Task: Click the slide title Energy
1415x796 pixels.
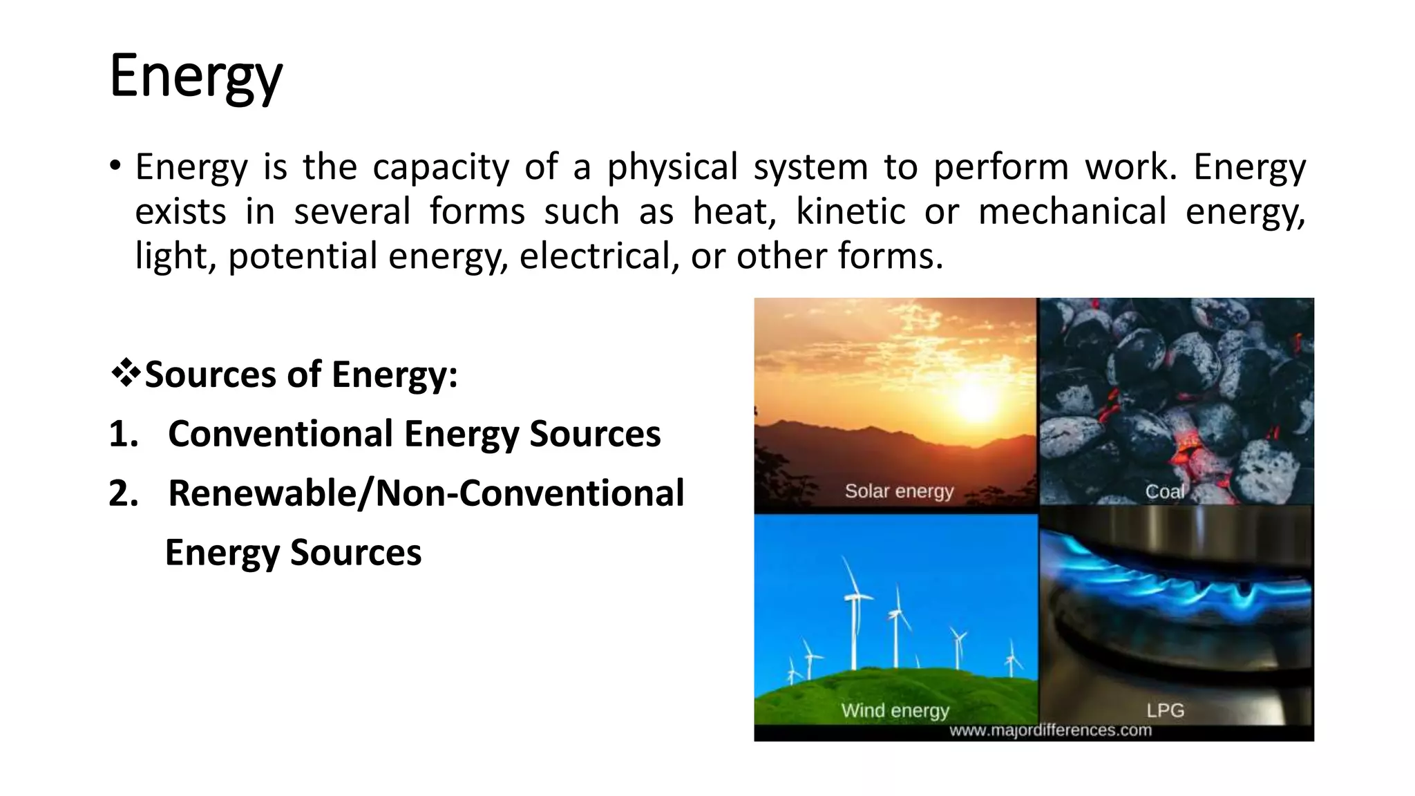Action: (196, 77)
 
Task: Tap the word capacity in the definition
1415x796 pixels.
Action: (440, 167)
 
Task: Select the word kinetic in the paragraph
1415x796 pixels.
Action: (851, 211)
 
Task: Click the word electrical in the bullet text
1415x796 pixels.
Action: (595, 256)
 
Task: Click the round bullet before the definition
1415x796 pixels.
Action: (115, 167)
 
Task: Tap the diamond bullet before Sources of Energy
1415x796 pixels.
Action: (125, 374)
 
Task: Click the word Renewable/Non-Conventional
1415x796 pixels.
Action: (426, 493)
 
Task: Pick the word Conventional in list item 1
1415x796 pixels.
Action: (281, 434)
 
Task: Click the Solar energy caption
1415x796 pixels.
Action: (899, 491)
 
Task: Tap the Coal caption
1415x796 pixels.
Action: (1165, 491)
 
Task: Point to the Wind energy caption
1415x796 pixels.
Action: (895, 710)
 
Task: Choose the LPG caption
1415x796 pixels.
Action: (1166, 710)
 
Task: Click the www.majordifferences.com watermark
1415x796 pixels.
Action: (1050, 730)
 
